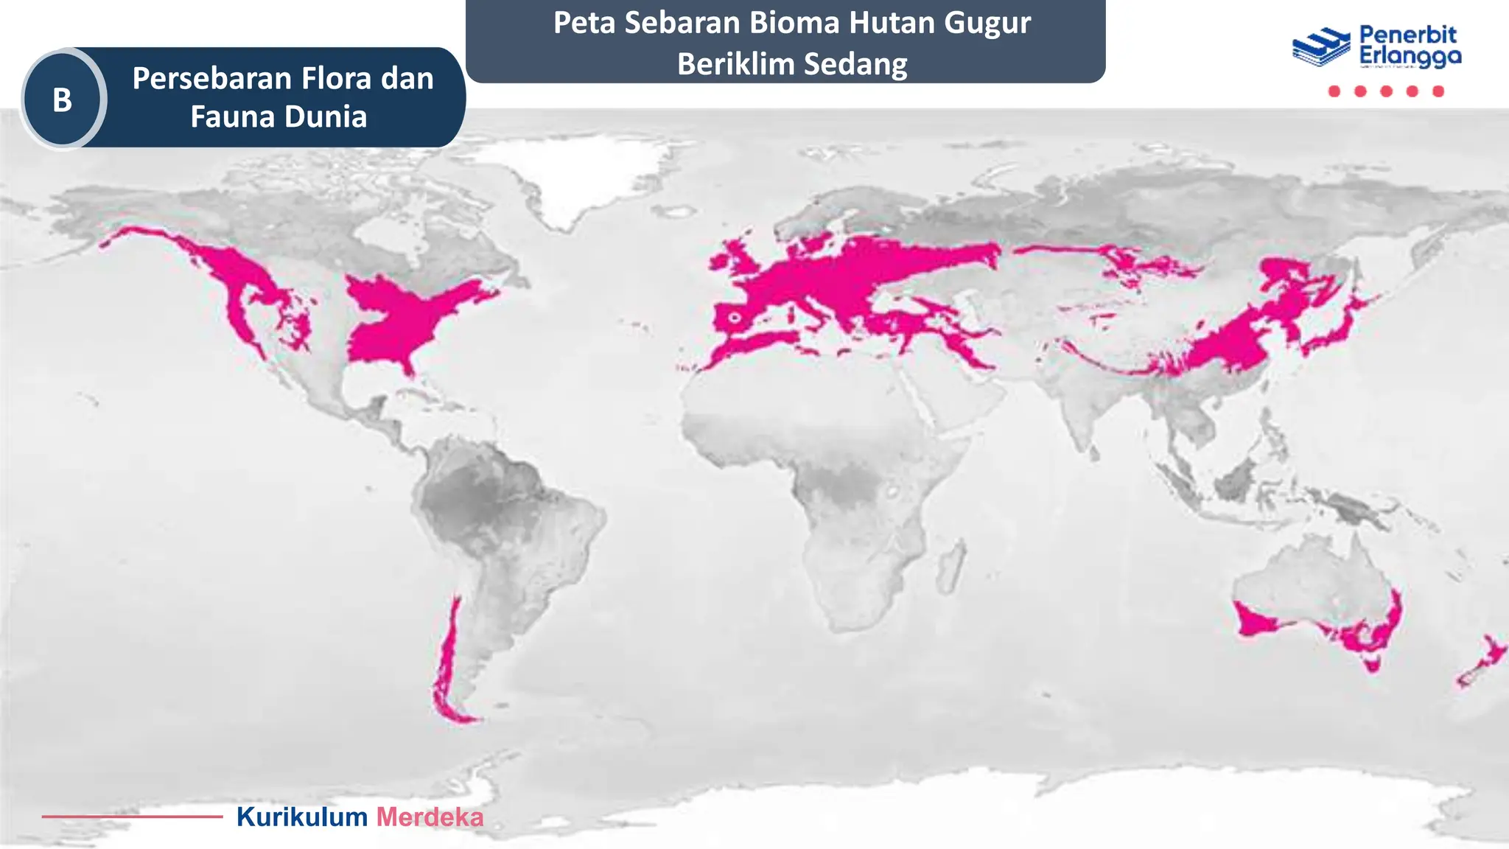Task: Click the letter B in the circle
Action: [x=63, y=99]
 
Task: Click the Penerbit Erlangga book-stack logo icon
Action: [x=1320, y=46]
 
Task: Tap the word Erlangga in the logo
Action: [x=1410, y=56]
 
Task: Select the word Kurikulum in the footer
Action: [x=301, y=817]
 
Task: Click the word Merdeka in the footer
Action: [x=430, y=817]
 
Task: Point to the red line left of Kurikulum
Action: [x=132, y=816]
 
